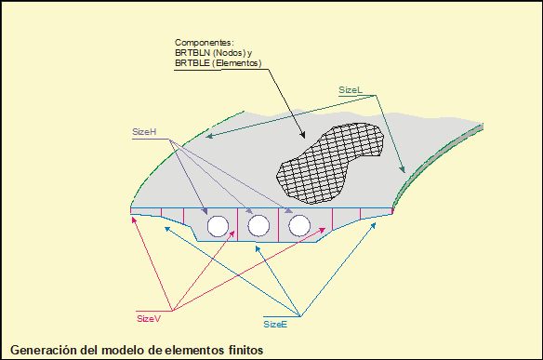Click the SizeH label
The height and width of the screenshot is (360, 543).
tap(144, 132)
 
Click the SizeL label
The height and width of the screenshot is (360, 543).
tap(351, 90)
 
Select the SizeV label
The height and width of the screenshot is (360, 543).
tap(149, 319)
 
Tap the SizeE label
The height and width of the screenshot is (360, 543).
tap(275, 325)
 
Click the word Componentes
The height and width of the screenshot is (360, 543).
tap(204, 43)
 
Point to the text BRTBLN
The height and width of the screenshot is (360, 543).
tap(192, 53)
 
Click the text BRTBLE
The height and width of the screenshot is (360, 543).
tap(192, 63)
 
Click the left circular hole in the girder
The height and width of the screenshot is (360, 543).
tap(218, 226)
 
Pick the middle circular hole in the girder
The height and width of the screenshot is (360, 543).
tap(258, 225)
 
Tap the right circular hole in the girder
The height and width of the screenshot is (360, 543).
tap(299, 225)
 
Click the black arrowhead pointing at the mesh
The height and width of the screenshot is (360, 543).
tap(303, 135)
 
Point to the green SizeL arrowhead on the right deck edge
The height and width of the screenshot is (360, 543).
tap(402, 168)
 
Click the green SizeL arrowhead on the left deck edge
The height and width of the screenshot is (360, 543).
tap(209, 136)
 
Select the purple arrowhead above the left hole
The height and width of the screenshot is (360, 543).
tap(205, 210)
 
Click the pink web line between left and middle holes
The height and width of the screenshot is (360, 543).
tap(238, 224)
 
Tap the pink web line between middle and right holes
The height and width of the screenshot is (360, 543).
tap(279, 225)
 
